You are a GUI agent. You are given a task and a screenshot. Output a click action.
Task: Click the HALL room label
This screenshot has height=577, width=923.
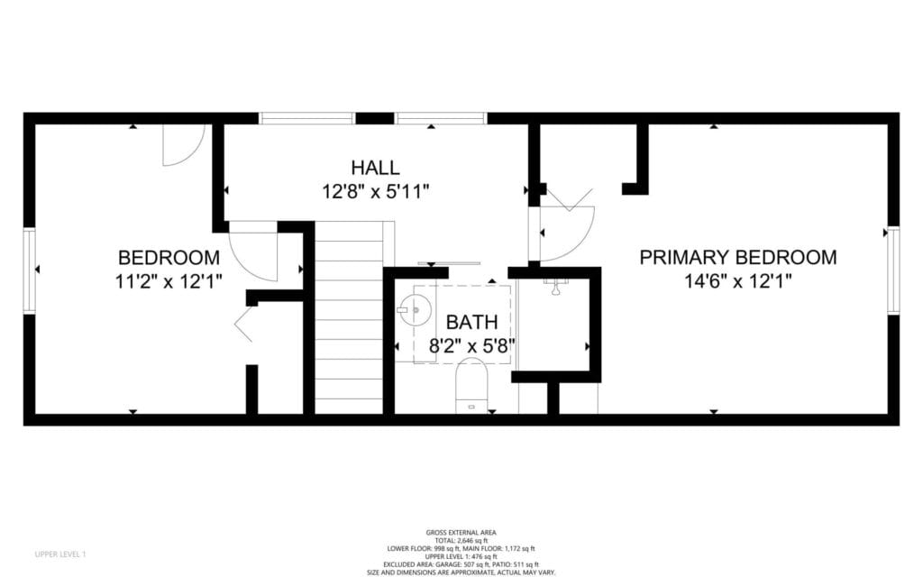point(375,168)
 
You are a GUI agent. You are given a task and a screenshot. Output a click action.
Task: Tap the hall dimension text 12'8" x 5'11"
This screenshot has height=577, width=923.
point(375,191)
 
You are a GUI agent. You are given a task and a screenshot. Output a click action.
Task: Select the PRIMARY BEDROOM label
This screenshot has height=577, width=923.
point(737,258)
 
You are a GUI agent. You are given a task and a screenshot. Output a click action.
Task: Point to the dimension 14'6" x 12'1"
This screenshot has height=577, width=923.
point(737,281)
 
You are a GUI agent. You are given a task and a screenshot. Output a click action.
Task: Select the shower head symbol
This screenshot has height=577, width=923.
point(557,287)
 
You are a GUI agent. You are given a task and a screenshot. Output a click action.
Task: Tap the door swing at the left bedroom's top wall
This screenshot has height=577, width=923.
point(183,145)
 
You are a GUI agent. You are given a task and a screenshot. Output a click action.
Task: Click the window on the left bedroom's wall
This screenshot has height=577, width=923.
point(29,270)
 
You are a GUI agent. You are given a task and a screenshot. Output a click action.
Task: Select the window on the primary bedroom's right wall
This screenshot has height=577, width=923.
point(893,270)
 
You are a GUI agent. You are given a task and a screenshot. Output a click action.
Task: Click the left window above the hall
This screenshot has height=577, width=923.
point(306,118)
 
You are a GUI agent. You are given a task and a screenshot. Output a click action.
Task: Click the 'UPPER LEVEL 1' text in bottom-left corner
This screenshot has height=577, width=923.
point(59,553)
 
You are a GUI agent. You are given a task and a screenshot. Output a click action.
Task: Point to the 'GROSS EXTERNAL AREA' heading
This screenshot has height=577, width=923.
point(461,533)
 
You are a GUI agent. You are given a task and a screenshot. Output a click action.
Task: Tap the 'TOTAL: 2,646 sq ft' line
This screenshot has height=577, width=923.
point(461,540)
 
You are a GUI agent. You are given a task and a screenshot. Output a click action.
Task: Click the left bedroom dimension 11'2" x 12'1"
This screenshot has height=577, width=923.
point(169,281)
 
